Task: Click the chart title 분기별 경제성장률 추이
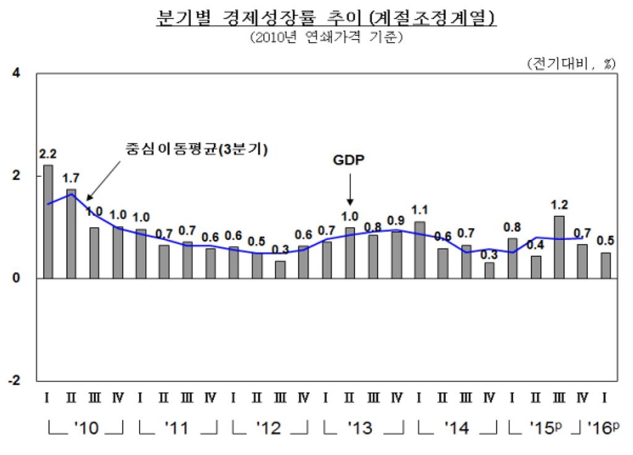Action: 326,18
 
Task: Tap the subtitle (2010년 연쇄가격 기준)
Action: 326,38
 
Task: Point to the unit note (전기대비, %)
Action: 571,63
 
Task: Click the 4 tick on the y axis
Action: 17,74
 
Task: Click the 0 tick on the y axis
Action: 17,278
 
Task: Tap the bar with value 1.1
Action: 419,250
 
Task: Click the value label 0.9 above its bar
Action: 396,220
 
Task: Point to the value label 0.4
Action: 535,244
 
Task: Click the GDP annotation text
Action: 349,159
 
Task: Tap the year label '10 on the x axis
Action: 85,428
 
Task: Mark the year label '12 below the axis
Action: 270,428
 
